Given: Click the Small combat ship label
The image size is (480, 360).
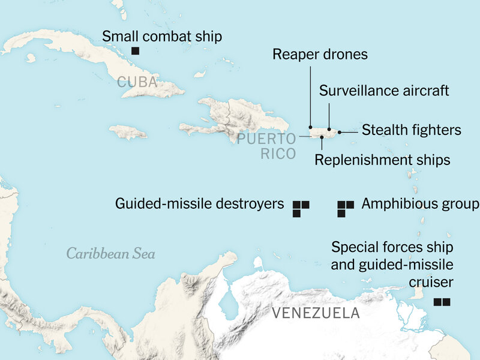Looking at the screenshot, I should [162, 36].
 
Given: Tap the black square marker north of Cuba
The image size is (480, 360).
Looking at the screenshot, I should [136, 52].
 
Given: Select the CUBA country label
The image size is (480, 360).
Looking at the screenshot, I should [137, 82].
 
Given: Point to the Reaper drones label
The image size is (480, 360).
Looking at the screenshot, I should [320, 55].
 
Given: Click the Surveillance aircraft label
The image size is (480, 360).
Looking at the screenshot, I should [384, 91].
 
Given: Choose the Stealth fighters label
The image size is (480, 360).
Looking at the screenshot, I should [411, 130].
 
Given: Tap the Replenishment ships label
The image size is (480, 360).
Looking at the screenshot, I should [382, 160].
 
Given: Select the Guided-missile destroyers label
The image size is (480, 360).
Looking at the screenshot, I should [199, 204].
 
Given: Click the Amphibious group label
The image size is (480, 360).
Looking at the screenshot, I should [420, 204].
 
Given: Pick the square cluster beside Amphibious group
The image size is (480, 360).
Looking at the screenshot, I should [344, 208].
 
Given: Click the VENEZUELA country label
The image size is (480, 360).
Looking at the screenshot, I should [316, 313].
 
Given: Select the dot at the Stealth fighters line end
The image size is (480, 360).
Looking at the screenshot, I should [340, 131].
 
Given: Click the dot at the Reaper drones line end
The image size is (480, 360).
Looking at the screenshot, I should [310, 127].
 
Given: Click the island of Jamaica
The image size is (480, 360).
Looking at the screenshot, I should [128, 131].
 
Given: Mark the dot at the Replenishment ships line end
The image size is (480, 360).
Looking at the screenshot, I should [322, 137].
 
